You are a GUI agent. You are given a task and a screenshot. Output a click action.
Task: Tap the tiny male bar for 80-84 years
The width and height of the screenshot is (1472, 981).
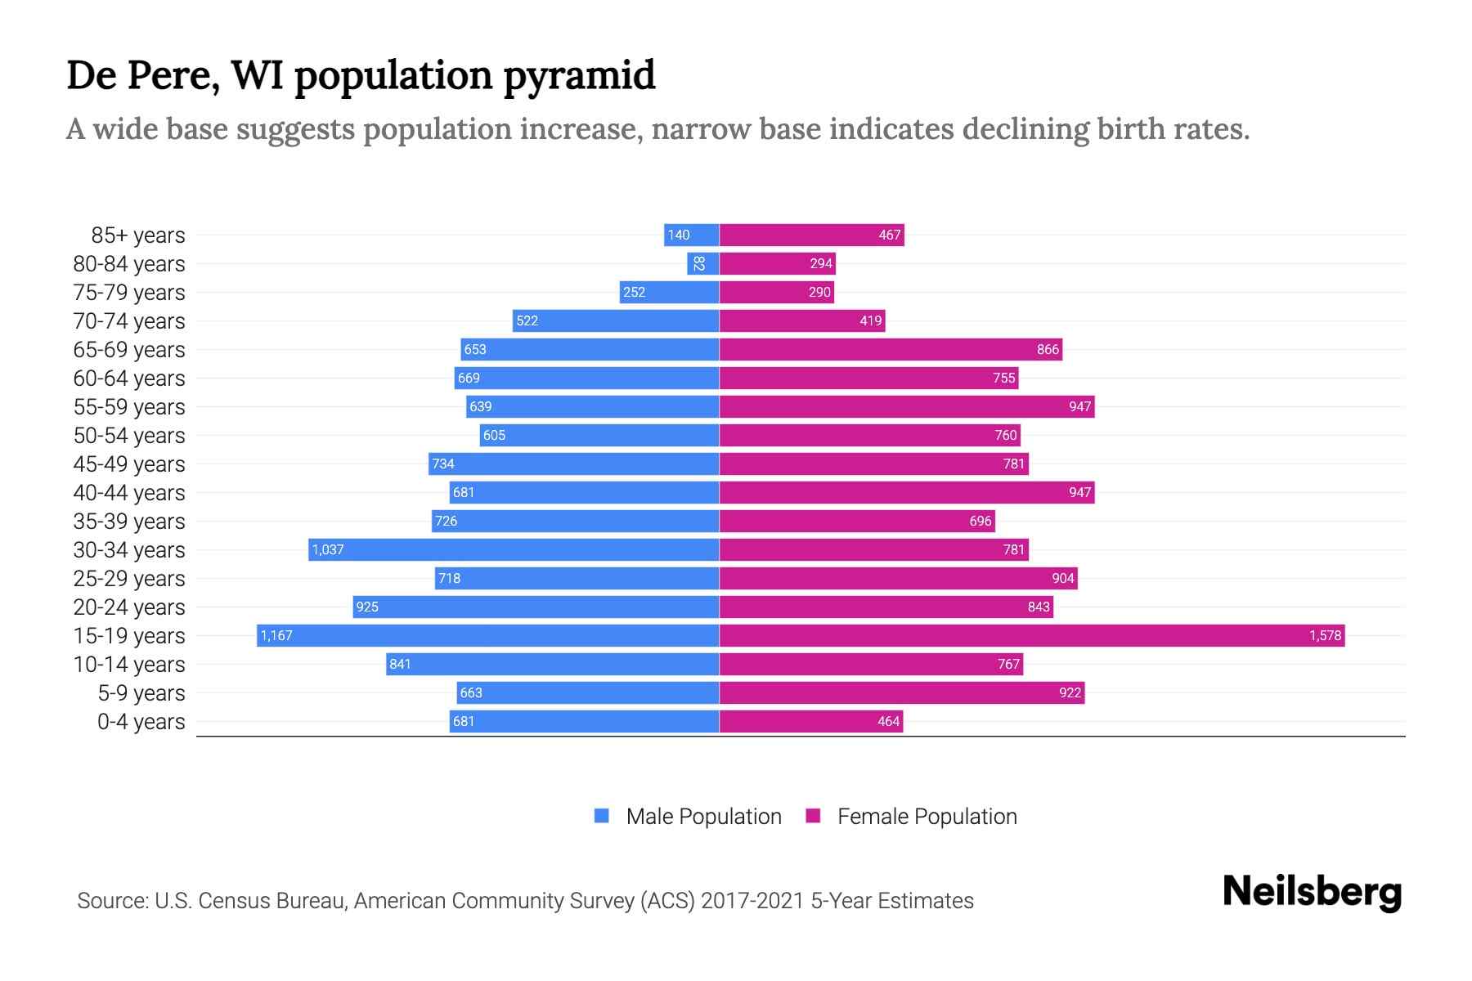tap(702, 263)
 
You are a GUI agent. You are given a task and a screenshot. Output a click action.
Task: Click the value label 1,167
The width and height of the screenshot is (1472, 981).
tap(276, 635)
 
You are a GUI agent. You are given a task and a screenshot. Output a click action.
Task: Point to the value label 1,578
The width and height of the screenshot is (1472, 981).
tap(1325, 635)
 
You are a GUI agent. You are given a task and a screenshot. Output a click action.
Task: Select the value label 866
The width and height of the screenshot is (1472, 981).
tap(1048, 349)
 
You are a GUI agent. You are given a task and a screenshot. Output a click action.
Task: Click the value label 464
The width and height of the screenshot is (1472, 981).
tap(888, 721)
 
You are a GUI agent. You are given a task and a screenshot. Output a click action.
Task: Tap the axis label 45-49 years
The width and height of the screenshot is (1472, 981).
tap(129, 464)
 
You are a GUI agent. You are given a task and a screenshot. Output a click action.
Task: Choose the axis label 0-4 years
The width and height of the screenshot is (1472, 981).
tap(141, 721)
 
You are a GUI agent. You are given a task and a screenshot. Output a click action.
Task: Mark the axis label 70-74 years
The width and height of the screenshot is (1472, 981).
tap(129, 320)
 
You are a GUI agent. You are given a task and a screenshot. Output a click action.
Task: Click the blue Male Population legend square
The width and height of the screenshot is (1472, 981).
tap(602, 816)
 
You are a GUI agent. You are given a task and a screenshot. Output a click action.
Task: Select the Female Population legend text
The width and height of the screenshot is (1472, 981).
tap(927, 816)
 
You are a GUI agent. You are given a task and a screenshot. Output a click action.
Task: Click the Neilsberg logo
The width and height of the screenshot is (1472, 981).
tap(1312, 892)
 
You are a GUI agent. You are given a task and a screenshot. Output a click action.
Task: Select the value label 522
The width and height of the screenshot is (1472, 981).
tap(527, 320)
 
